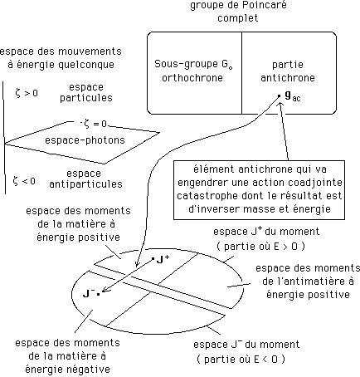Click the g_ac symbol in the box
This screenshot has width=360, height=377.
293,95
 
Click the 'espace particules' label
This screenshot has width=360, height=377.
91,92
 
